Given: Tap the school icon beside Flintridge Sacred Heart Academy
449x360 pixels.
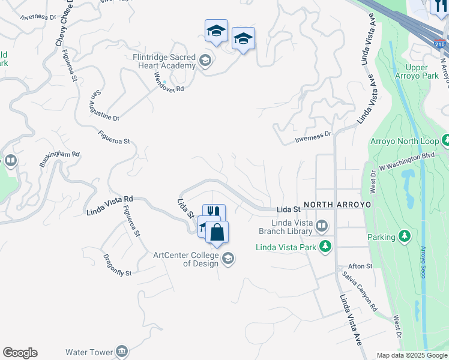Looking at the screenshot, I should point(205,61).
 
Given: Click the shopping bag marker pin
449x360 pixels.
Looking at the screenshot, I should point(217,232).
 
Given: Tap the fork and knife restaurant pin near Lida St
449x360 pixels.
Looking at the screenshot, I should point(214,212).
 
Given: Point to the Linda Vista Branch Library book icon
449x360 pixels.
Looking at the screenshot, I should point(322,226).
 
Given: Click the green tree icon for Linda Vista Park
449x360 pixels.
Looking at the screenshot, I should point(325,246).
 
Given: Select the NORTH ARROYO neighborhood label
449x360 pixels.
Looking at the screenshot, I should point(337,205).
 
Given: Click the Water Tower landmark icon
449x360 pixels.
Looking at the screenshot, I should point(122,351).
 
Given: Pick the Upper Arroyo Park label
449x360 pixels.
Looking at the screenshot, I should point(421,71).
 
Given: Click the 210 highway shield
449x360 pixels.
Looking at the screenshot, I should point(440,44).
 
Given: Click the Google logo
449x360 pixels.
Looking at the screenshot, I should point(20,353).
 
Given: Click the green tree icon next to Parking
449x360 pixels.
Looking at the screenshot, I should point(405,237).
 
